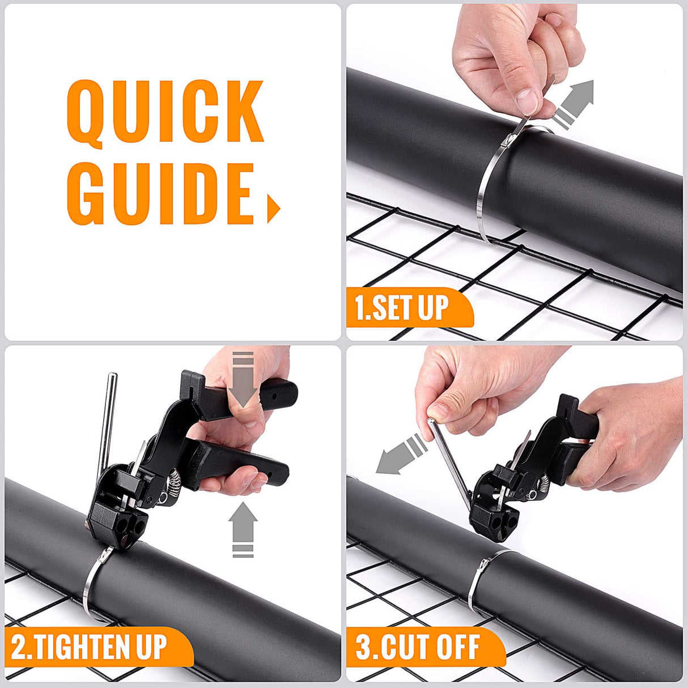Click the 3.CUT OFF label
click(418, 647)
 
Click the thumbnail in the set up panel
click(528, 100)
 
